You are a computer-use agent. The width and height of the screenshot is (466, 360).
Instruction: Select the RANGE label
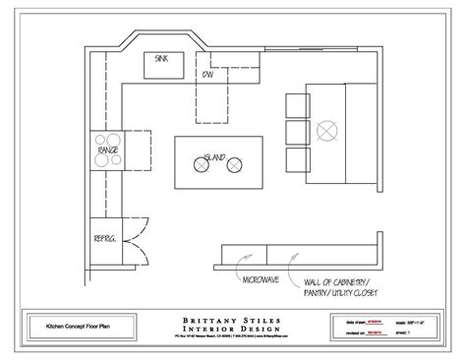pyautogui.click(x=110, y=150)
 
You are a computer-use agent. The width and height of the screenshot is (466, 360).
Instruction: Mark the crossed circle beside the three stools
pyautogui.click(x=325, y=127)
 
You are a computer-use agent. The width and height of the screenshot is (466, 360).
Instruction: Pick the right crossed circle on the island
pyautogui.click(x=234, y=167)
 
